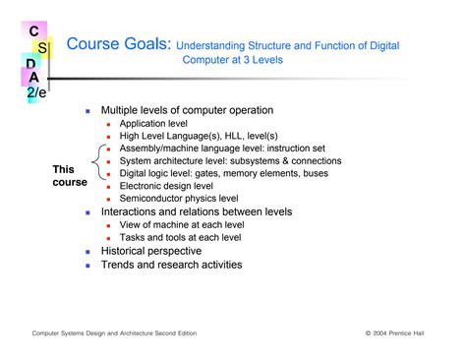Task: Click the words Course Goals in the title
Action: (x=118, y=44)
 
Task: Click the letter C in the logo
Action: (x=33, y=30)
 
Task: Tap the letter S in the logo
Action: (x=43, y=47)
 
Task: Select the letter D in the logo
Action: (x=32, y=64)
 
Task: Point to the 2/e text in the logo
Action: (x=36, y=91)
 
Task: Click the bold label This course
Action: (x=69, y=176)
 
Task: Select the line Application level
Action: (x=154, y=124)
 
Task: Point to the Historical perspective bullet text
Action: (x=151, y=251)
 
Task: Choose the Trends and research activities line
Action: (x=171, y=265)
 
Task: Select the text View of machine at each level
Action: (x=182, y=224)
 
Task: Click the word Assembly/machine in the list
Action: (x=158, y=149)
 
